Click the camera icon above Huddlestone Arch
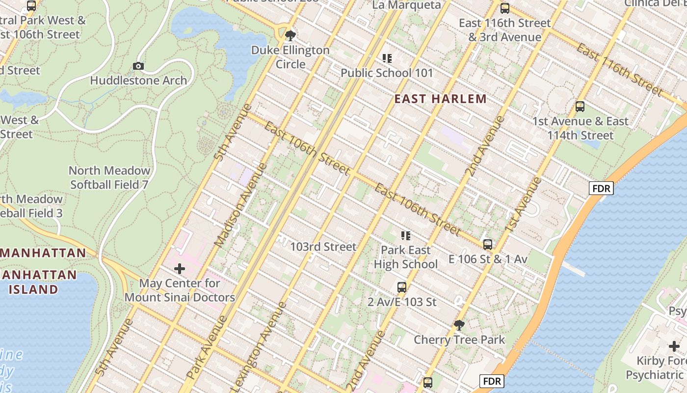(138, 66)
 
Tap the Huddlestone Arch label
(138, 81)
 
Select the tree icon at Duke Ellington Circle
(291, 35)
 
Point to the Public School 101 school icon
(387, 58)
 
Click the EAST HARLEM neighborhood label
(440, 99)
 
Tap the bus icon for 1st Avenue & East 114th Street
(580, 107)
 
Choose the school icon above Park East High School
(405, 236)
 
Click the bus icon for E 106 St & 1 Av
(488, 245)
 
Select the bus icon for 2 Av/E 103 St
(402, 287)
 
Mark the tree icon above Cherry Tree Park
(459, 325)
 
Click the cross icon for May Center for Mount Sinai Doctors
(180, 269)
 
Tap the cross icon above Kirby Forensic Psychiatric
(674, 346)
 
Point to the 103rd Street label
(323, 247)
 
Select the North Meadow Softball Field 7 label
(109, 178)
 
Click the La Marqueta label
(406, 5)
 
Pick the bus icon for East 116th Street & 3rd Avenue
(504, 8)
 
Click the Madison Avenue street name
(241, 204)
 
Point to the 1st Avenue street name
(523, 204)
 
